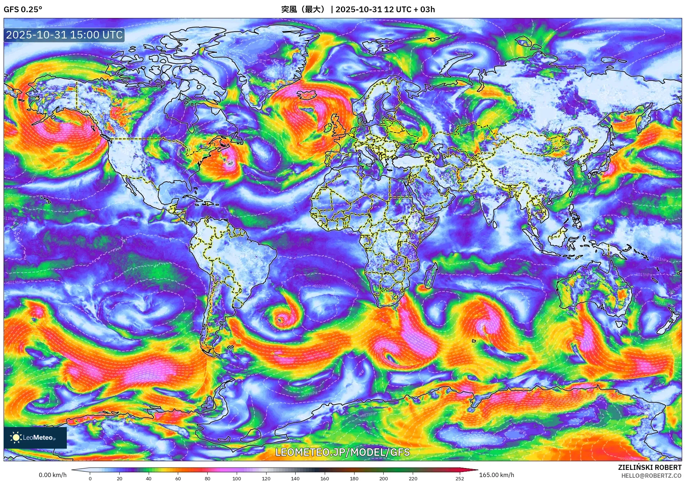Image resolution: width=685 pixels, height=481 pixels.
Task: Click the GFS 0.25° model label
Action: (x=23, y=9)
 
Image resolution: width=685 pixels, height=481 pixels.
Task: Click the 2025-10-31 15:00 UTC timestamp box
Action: (x=64, y=35)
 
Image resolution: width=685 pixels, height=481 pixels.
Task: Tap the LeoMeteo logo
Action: (x=35, y=438)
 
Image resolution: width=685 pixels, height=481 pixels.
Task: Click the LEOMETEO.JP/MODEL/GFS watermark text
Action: (x=342, y=452)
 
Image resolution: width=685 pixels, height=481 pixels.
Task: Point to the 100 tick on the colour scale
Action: (x=236, y=478)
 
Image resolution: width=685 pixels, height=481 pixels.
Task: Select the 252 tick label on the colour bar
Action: (x=460, y=478)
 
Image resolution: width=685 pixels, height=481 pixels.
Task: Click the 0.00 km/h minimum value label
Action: (x=52, y=475)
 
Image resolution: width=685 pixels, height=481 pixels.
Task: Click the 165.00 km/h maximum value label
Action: (x=496, y=475)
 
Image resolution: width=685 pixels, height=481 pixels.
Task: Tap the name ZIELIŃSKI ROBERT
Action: (x=649, y=467)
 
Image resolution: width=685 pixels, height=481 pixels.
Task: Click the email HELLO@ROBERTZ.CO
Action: (x=651, y=476)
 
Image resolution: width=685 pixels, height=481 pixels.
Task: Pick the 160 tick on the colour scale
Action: (x=324, y=478)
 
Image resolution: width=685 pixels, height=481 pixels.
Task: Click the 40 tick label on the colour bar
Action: (x=149, y=478)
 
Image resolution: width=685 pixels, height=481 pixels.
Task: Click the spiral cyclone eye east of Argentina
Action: (x=281, y=319)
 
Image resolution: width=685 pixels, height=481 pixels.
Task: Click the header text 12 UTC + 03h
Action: (x=409, y=9)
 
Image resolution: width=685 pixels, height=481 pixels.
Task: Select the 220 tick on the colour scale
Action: (x=413, y=478)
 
